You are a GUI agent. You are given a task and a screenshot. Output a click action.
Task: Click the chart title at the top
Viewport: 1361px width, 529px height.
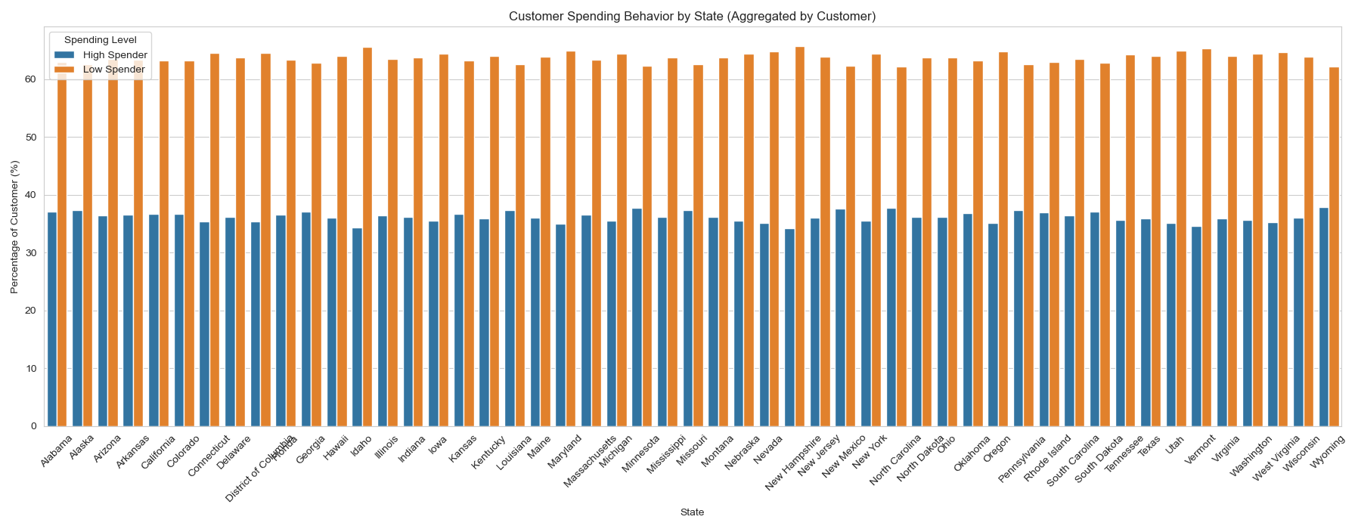692,17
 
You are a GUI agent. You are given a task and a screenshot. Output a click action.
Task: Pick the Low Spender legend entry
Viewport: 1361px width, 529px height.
114,70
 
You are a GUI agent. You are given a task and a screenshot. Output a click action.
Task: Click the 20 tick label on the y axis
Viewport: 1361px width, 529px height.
31,311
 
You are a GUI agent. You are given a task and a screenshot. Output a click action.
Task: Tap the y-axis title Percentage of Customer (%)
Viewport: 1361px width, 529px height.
14,227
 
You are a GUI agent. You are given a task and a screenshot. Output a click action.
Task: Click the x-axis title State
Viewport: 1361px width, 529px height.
692,512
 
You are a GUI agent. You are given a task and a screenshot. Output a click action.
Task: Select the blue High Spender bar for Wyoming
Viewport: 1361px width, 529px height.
1324,317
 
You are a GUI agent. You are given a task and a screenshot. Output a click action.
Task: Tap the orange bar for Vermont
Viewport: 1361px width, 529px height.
1207,238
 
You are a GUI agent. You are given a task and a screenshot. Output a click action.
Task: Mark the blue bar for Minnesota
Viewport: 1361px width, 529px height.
637,317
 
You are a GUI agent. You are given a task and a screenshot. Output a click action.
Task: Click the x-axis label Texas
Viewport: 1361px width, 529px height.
1149,447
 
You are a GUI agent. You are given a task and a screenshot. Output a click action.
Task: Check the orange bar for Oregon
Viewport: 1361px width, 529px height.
1003,239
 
